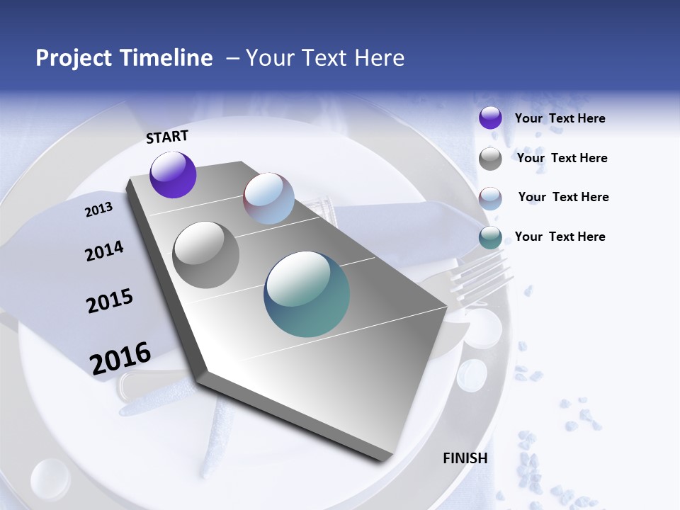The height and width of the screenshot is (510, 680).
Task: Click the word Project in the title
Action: [x=73, y=58]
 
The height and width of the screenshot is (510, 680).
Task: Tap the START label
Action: [x=167, y=137]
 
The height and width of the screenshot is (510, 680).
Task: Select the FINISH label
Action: [x=465, y=458]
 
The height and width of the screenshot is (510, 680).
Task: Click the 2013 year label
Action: [x=98, y=210]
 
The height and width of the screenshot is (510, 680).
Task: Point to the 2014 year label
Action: [x=104, y=251]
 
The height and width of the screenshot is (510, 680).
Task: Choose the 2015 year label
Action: [x=110, y=301]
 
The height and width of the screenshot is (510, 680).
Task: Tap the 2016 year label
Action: [x=120, y=358]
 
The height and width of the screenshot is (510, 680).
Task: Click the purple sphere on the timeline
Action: [x=173, y=174]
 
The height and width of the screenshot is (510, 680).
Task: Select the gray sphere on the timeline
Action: [x=206, y=255]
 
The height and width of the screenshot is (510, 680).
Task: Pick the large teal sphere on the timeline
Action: [x=307, y=294]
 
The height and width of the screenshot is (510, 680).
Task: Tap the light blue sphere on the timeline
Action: [x=268, y=198]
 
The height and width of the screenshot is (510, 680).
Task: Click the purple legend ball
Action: [x=490, y=118]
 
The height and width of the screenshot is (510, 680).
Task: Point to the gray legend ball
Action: [x=490, y=159]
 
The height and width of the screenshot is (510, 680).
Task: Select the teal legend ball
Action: [x=490, y=237]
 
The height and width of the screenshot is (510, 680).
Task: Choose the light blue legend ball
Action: [x=490, y=198]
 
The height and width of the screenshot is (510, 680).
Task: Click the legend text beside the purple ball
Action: [x=560, y=119]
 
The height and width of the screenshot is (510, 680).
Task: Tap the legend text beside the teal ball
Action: [x=560, y=237]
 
